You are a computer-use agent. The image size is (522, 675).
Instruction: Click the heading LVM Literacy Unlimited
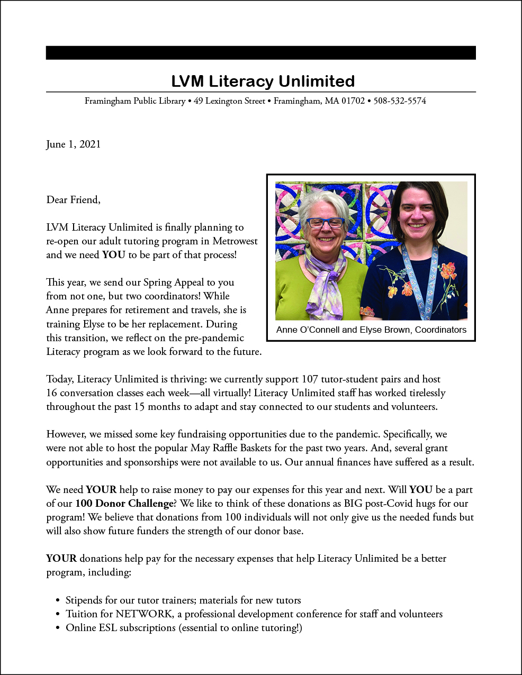pos(263,81)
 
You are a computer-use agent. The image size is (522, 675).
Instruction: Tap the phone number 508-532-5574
pos(400,101)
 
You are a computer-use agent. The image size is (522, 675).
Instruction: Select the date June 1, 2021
pos(73,144)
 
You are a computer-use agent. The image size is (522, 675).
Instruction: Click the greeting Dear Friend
pos(73,200)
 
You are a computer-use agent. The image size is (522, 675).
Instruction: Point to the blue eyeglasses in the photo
pos(325,223)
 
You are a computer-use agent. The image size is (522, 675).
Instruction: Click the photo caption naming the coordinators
pos(371,330)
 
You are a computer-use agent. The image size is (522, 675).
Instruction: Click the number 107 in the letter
pos(310,379)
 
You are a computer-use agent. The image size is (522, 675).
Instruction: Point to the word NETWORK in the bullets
pos(144,614)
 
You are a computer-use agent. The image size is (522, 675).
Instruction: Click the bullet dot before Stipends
pos(58,601)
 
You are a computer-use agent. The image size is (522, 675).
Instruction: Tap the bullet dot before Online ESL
pos(58,628)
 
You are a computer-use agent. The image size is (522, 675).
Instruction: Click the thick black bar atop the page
pos(260,53)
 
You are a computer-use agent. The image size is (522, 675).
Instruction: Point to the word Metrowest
pos(235,241)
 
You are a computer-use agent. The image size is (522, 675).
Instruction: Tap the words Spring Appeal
pos(174,282)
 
